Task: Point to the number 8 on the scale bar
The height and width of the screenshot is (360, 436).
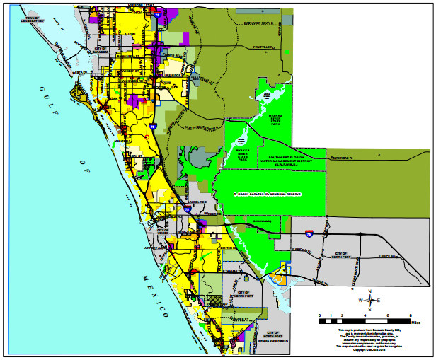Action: point(411,315)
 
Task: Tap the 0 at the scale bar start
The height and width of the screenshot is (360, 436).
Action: point(320,315)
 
